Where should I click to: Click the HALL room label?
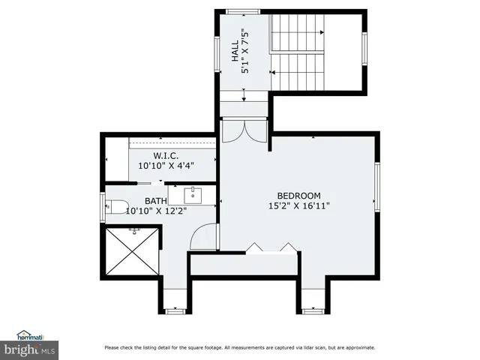[235, 52]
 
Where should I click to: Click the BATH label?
[156, 201]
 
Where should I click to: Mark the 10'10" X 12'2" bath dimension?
[156, 211]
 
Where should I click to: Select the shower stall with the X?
[133, 251]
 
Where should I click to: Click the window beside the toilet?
[103, 206]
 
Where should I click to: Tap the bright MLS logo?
[30, 349]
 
